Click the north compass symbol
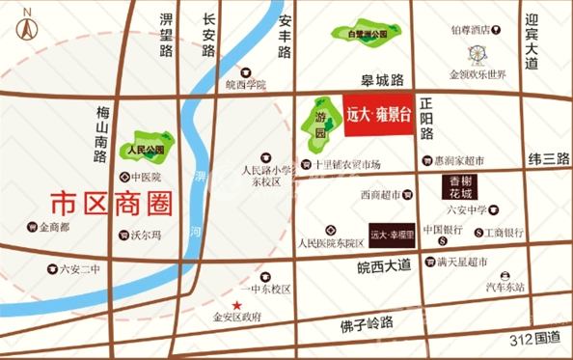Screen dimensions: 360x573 [26, 22]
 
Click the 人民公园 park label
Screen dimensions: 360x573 [146, 151]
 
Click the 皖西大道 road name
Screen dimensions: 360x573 [384, 263]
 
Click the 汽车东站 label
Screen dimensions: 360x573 [505, 287]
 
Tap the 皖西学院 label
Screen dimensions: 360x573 [244, 84]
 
